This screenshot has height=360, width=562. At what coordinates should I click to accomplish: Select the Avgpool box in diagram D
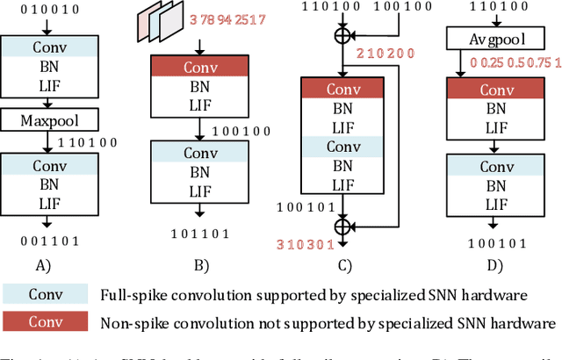pos(485,38)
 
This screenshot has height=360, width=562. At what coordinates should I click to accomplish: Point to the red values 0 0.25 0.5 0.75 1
pos(514,62)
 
